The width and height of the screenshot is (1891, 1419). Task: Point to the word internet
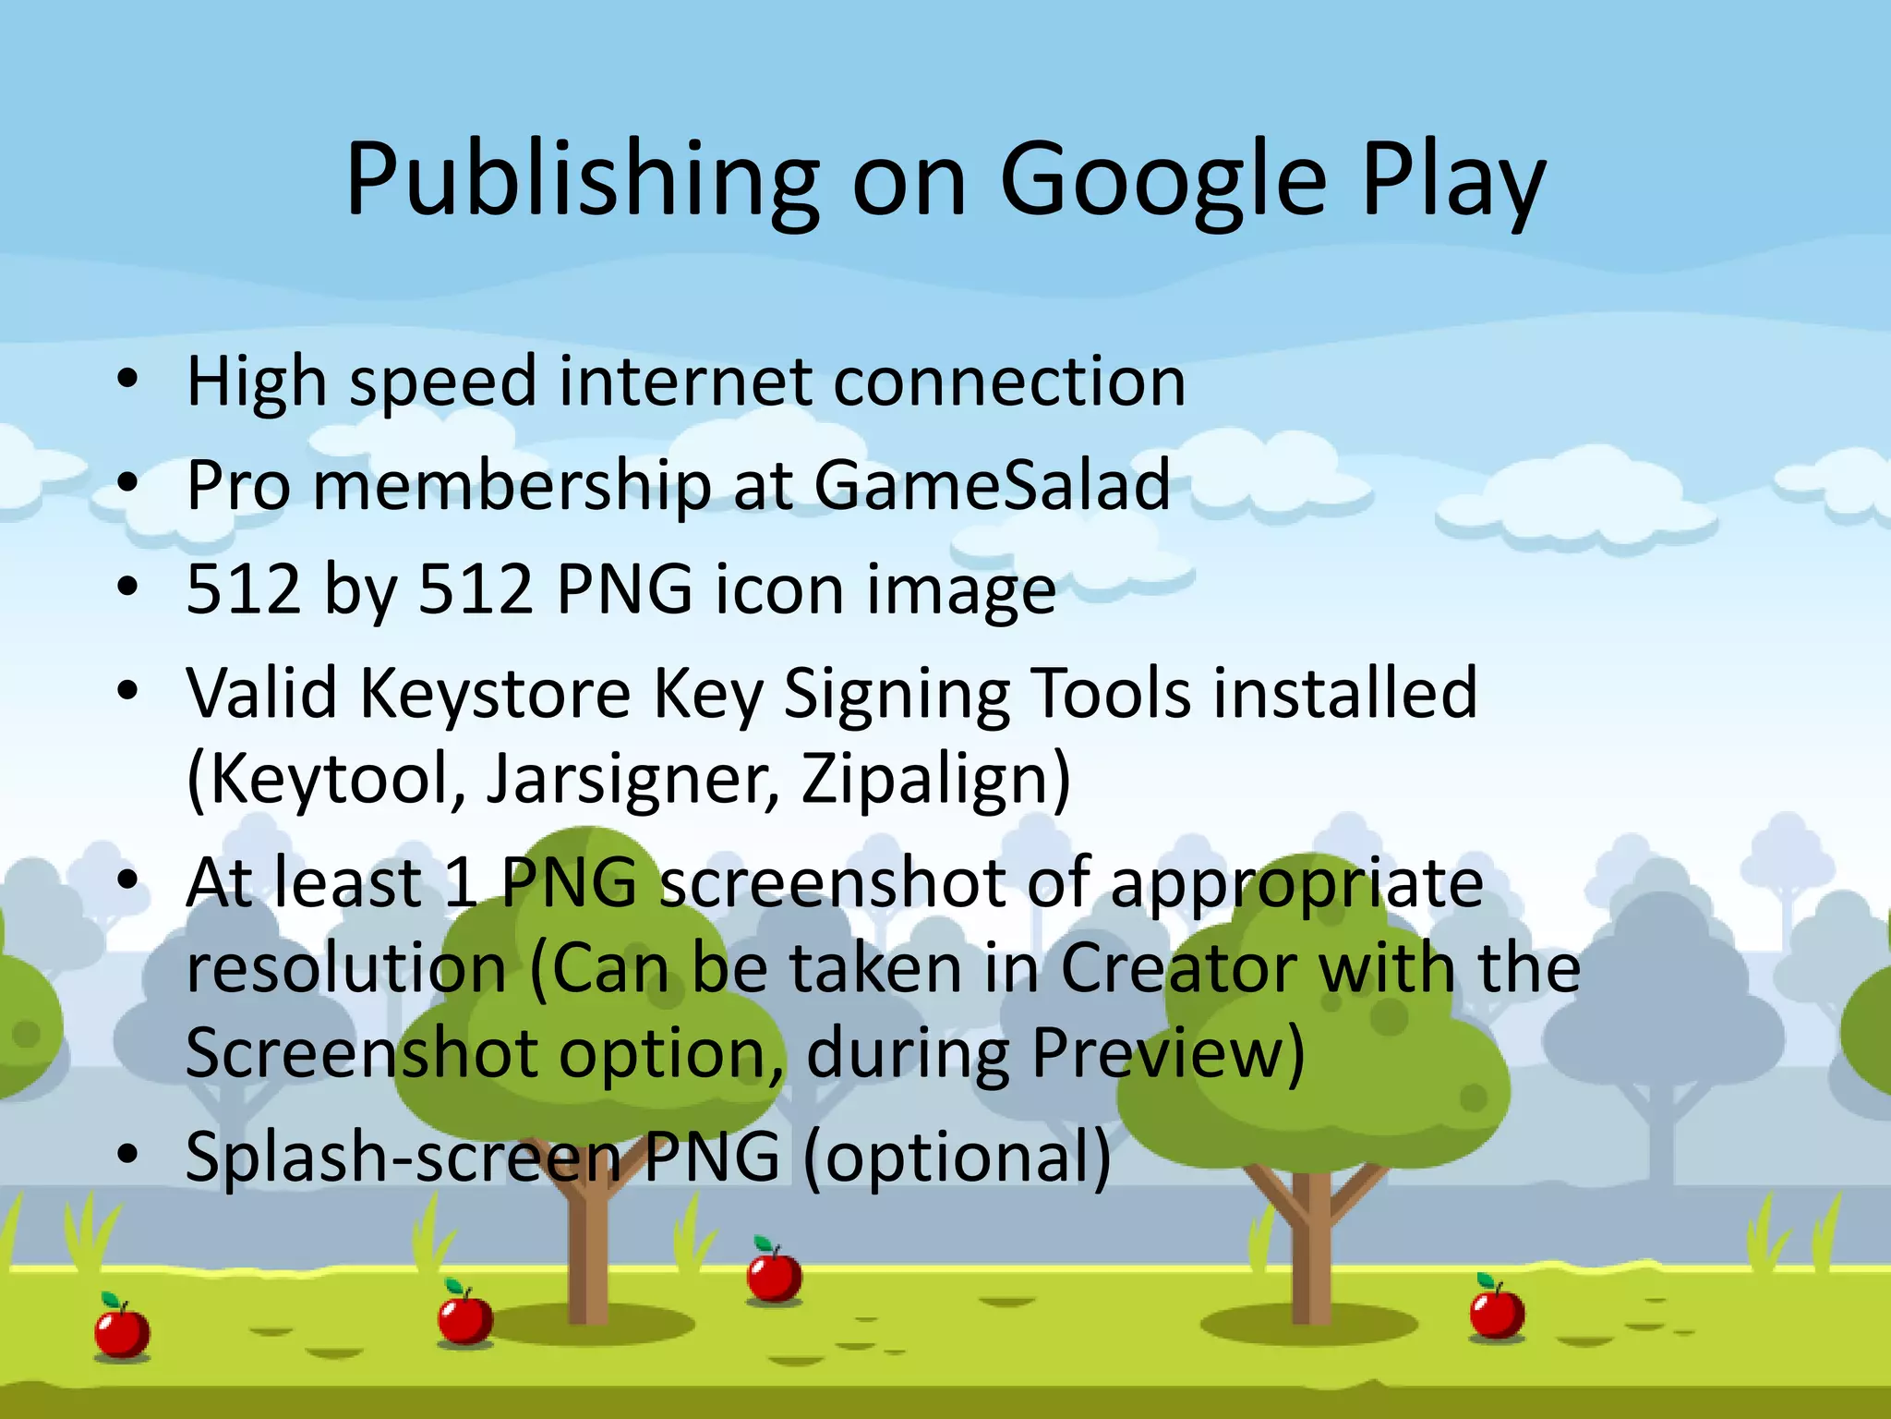point(685,382)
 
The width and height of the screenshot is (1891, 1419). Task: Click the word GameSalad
point(992,485)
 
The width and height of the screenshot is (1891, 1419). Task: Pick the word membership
point(512,485)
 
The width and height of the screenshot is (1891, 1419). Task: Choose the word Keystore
point(495,693)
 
